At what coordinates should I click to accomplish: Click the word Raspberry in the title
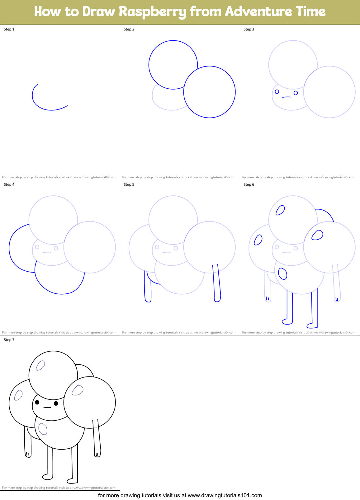(x=152, y=12)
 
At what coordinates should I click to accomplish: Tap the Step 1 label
(x=9, y=29)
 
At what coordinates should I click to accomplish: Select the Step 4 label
(x=9, y=185)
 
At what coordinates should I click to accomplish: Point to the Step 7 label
(x=9, y=340)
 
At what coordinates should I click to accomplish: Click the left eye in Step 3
(x=277, y=92)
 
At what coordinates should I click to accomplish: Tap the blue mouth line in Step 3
(x=286, y=97)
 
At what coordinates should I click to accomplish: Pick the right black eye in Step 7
(x=56, y=403)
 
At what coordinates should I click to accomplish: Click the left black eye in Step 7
(x=37, y=402)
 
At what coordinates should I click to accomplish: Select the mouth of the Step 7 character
(x=46, y=408)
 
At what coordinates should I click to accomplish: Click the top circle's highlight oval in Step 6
(x=280, y=210)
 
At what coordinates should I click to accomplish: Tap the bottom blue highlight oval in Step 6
(x=283, y=274)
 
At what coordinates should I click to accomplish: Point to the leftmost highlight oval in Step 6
(x=258, y=240)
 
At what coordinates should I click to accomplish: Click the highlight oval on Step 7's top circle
(x=40, y=365)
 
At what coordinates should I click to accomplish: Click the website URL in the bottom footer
(x=225, y=495)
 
